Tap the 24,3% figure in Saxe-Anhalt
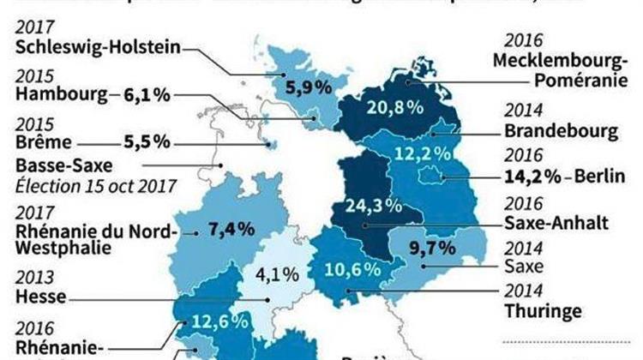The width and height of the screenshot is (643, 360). pos(368,207)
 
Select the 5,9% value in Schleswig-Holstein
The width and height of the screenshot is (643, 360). pos(304,87)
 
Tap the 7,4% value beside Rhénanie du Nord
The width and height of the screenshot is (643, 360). pos(231,229)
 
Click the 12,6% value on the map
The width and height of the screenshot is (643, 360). pos(221,323)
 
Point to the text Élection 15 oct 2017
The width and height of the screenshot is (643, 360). pos(93,185)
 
